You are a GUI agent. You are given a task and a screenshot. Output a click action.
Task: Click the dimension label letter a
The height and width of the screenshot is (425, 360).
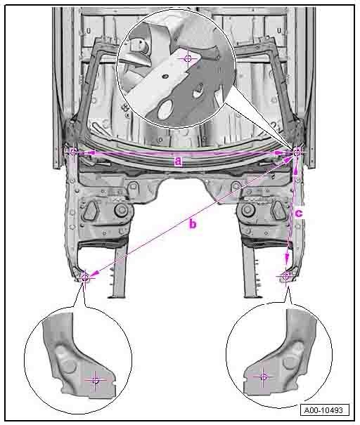[x=178, y=162]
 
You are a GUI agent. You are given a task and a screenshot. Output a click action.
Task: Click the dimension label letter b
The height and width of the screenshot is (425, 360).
[x=193, y=224]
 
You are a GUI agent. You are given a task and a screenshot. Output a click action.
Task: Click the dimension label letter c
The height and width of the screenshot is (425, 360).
[x=299, y=214]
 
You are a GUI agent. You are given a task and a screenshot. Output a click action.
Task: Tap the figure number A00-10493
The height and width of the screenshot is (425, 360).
[x=324, y=410]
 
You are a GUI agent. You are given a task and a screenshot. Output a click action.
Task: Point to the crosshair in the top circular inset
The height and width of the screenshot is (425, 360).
[x=188, y=58]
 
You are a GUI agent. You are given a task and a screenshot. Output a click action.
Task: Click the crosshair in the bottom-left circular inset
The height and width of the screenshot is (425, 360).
[x=95, y=380]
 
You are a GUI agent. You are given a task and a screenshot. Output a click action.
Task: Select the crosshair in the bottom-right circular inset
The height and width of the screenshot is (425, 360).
[x=263, y=377]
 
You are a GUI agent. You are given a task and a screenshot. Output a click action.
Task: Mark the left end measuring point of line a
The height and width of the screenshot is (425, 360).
[x=74, y=152]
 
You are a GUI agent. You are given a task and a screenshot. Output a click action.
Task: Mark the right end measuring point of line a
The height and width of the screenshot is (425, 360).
[x=297, y=153]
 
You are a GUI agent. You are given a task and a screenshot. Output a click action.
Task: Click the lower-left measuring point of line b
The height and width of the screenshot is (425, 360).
[x=85, y=277]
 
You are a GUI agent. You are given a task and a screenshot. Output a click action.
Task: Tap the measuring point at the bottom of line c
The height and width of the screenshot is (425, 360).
[x=286, y=277]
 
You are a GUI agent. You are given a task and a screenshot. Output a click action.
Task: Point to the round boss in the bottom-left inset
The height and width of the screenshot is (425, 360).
[x=69, y=366]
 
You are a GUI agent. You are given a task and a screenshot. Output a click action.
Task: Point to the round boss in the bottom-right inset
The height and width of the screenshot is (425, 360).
[x=289, y=362]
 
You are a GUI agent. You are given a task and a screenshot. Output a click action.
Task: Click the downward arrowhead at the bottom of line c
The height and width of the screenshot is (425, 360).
[x=287, y=258]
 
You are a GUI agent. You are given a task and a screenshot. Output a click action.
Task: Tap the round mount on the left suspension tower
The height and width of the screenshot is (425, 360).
[x=121, y=210]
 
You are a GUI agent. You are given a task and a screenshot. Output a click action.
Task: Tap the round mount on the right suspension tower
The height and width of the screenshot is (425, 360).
[x=247, y=210]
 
